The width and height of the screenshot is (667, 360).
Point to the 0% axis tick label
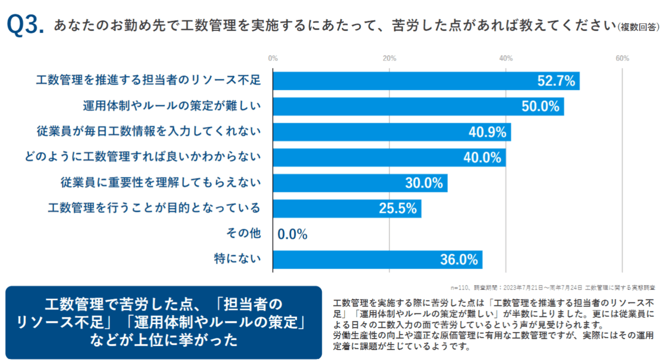point(273,59)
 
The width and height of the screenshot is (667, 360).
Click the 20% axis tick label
point(389,59)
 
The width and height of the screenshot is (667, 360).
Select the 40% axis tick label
point(506,59)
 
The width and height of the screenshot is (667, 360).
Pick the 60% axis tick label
point(622,59)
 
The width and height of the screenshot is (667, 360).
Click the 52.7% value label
point(556,81)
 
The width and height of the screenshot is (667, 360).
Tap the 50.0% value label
point(540,106)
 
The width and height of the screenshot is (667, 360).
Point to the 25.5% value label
point(397,208)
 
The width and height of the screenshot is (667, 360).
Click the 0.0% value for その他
point(292,234)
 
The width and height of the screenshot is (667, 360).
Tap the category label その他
point(243,233)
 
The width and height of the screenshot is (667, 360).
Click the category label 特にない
point(237,259)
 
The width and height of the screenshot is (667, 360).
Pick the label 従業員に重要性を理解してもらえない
point(161,183)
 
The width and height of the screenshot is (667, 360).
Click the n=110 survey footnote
point(552,288)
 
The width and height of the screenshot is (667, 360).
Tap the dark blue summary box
point(163,322)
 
